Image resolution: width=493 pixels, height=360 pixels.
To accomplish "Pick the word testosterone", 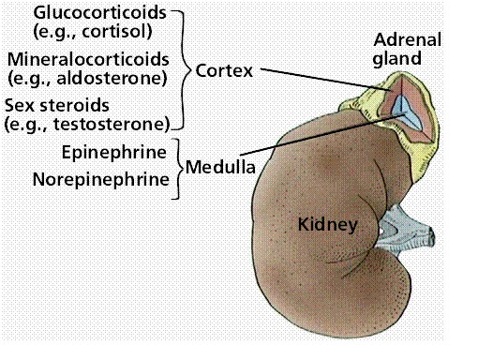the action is [x=120, y=123].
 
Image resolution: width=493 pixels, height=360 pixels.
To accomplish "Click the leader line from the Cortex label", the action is [x=319, y=82].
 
